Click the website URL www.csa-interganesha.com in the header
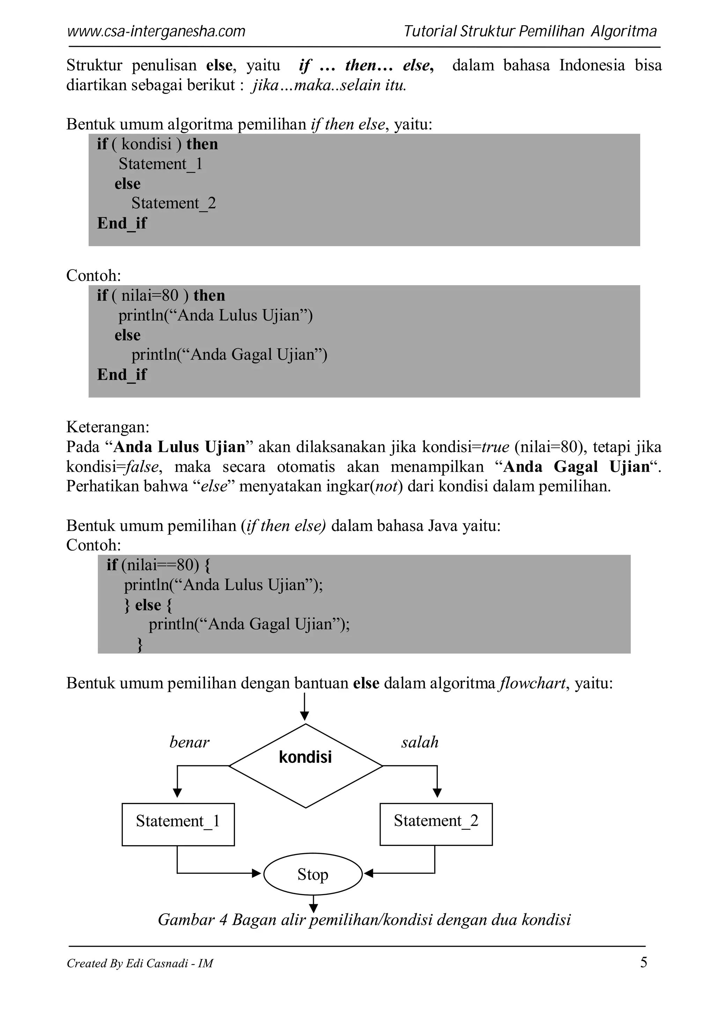[x=156, y=32]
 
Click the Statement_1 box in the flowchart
[x=178, y=824]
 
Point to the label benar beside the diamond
[x=189, y=743]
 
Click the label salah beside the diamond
[x=420, y=743]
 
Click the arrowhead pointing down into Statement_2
[x=437, y=792]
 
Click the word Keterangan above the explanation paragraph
[x=108, y=427]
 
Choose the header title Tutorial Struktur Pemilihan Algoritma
[x=530, y=32]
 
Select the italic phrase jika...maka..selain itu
[x=329, y=85]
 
